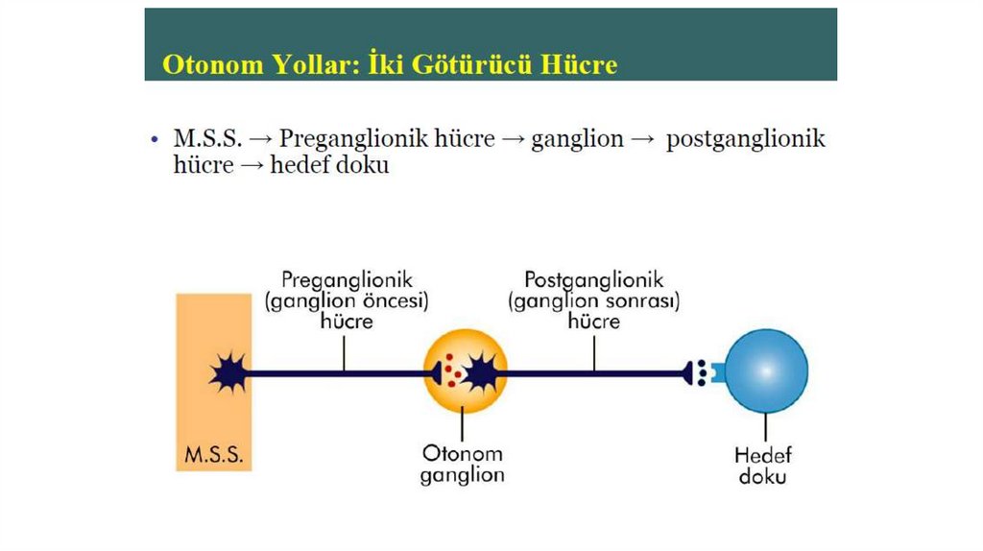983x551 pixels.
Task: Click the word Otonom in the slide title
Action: click(x=210, y=64)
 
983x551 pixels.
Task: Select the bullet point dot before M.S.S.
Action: click(x=155, y=140)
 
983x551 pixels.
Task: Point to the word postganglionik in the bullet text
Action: click(x=746, y=139)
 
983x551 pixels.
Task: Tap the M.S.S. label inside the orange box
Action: click(x=213, y=454)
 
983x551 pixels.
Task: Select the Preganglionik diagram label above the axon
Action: click(x=347, y=280)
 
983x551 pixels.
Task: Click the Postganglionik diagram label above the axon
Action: click(x=594, y=280)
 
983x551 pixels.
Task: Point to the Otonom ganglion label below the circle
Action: click(x=462, y=464)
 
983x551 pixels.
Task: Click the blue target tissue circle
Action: click(x=766, y=371)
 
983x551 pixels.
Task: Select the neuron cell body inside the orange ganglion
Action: click(x=479, y=371)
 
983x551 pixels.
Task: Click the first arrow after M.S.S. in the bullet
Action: click(x=260, y=140)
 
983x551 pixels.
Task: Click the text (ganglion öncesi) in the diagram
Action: click(x=347, y=301)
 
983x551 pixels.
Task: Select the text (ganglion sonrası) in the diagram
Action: click(x=594, y=301)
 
